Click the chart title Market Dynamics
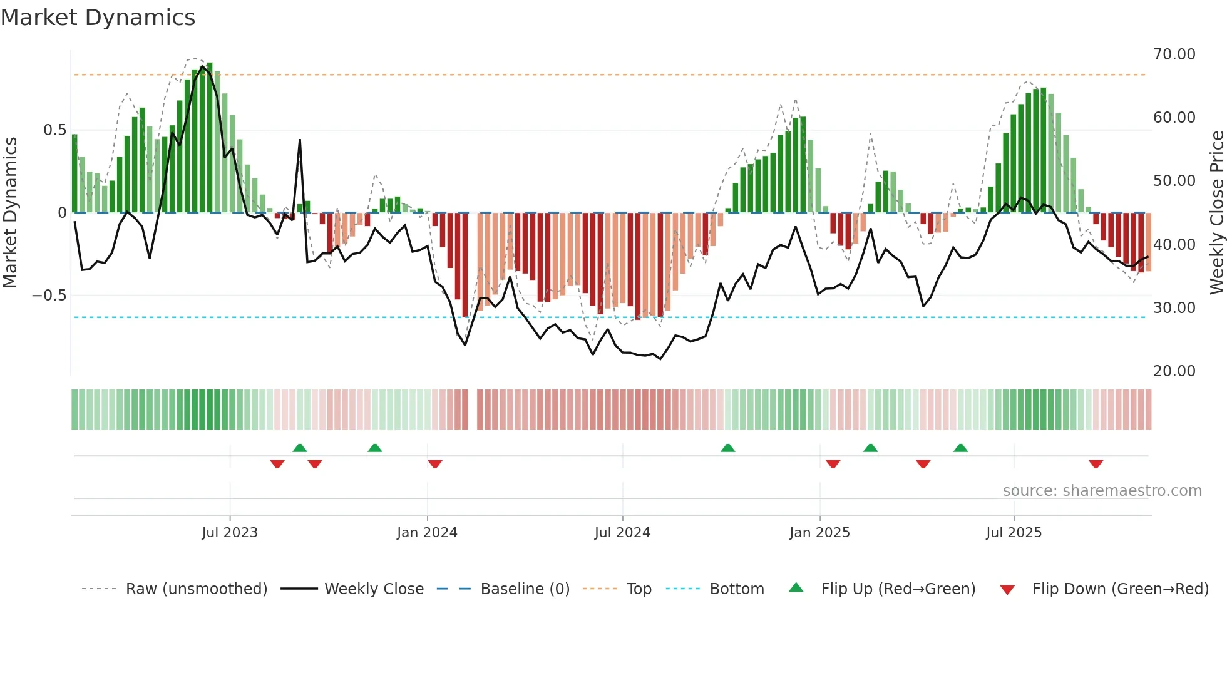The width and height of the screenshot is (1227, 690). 98,18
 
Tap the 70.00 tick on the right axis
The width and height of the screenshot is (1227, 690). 1174,54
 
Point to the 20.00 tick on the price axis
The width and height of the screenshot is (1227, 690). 1174,371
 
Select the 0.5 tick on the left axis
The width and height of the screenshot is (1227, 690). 54,130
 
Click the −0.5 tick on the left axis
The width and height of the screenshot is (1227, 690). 49,296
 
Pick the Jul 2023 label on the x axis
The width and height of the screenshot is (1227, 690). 230,533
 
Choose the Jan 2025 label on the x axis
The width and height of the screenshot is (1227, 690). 819,533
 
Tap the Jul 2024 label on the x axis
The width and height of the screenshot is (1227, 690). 622,533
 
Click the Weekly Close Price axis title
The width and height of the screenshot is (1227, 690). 1216,212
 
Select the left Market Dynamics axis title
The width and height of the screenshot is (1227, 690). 10,212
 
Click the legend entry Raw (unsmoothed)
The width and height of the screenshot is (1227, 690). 196,589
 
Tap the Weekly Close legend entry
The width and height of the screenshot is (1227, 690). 374,589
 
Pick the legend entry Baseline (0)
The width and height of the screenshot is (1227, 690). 525,589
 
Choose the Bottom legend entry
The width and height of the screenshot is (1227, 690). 736,589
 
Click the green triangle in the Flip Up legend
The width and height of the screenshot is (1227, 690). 796,587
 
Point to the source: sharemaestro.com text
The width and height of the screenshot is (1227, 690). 1102,491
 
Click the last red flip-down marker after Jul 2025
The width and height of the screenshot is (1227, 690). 1096,464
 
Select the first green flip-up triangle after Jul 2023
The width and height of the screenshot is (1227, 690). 300,448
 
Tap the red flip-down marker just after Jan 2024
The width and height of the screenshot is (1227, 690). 435,464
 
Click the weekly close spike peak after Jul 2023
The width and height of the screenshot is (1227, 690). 300,140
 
